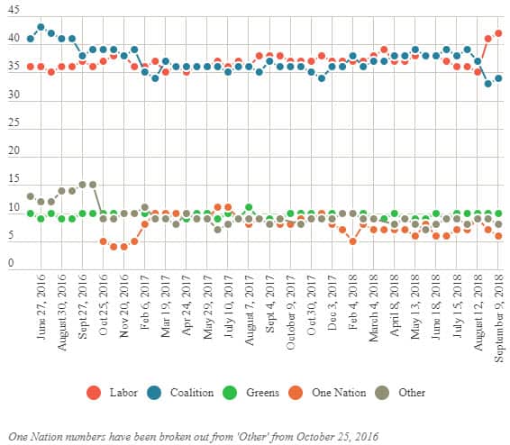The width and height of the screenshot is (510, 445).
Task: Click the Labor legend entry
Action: click(123, 392)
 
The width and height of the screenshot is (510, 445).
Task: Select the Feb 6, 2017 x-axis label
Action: click(145, 304)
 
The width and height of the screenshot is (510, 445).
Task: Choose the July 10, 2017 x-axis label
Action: click(229, 307)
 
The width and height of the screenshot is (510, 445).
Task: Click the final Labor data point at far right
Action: click(498, 33)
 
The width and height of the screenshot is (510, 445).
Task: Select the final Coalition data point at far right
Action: click(498, 78)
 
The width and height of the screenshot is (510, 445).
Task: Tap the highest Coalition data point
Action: click(41, 27)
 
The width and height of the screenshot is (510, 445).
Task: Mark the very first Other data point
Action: click(31, 196)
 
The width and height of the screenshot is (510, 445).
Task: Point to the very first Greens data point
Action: click(31, 213)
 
